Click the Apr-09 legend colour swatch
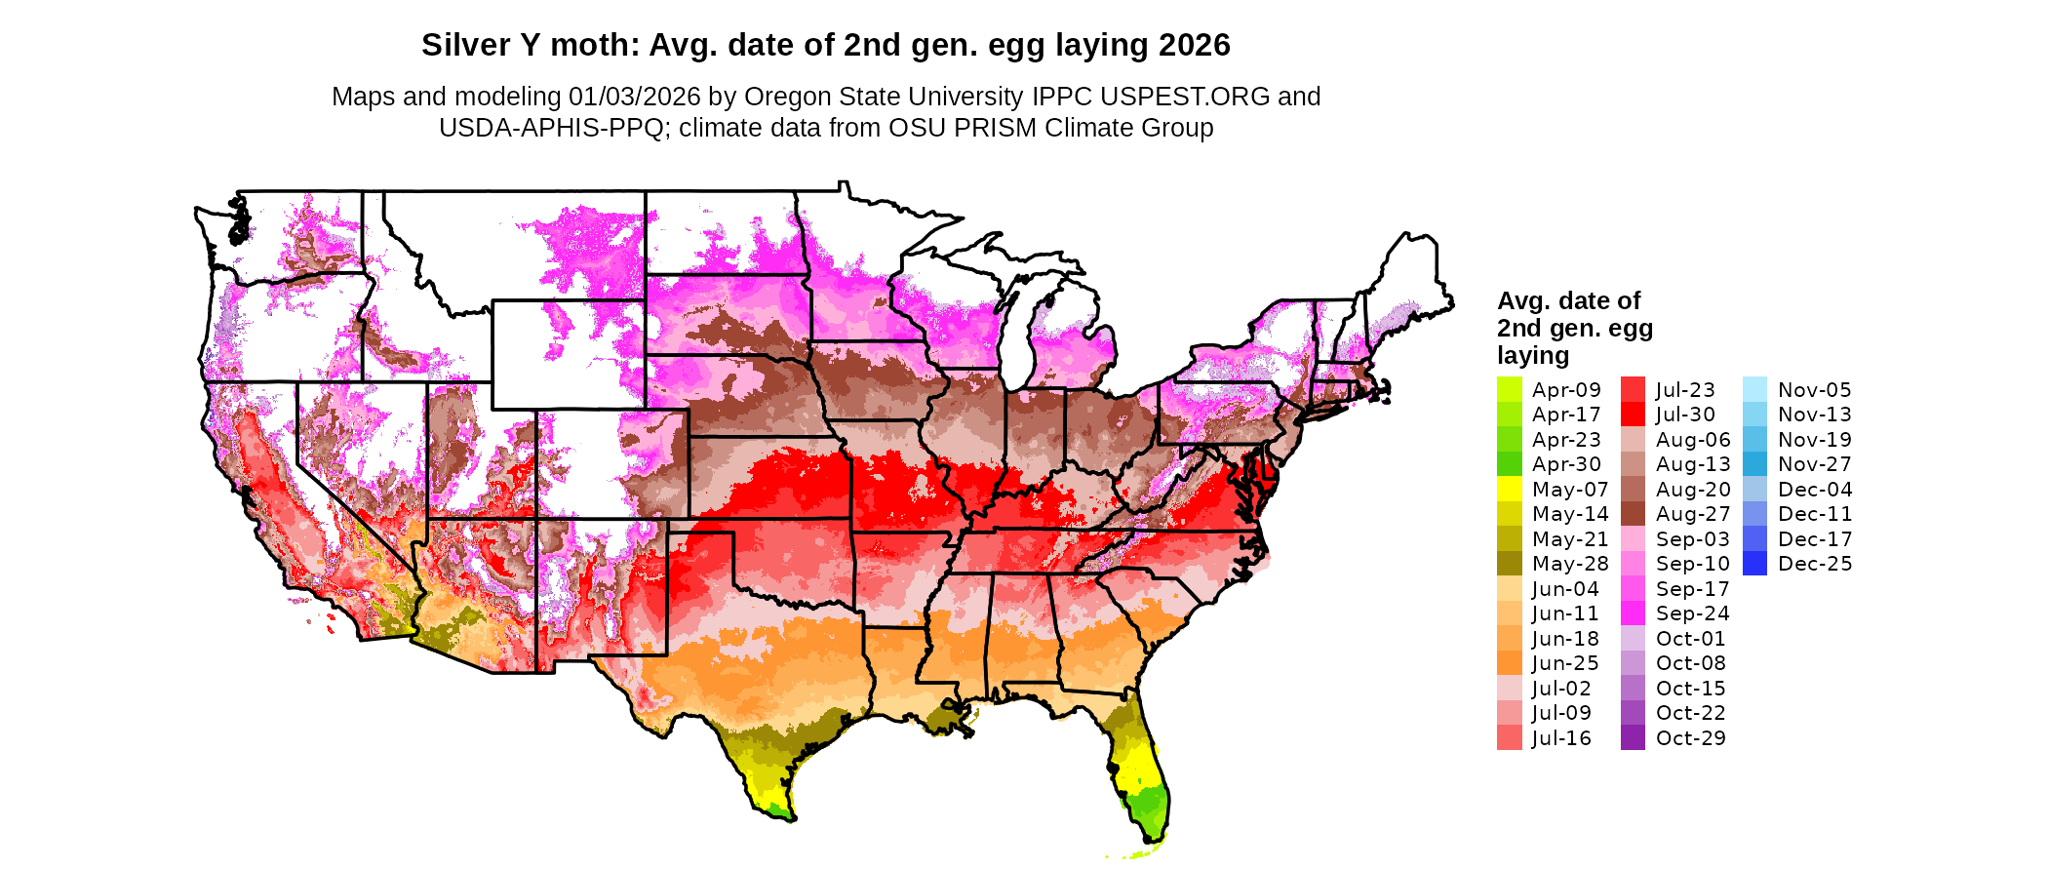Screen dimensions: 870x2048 (x=1509, y=389)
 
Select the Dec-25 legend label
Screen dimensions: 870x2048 (x=1814, y=564)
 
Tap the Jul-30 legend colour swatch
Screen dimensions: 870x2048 (x=1633, y=415)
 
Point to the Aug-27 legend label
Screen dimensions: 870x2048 (x=1693, y=514)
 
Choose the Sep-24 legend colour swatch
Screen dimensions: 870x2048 (x=1633, y=613)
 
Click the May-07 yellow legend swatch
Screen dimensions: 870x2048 (x=1509, y=489)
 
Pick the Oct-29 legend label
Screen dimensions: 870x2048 (x=1691, y=738)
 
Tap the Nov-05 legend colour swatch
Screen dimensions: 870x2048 (x=1754, y=389)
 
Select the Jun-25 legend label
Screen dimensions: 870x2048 (x=1565, y=663)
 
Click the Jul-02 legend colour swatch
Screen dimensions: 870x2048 (x=1509, y=689)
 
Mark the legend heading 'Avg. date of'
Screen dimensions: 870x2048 (x=1568, y=300)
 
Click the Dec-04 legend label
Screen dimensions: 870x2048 (x=1814, y=490)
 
